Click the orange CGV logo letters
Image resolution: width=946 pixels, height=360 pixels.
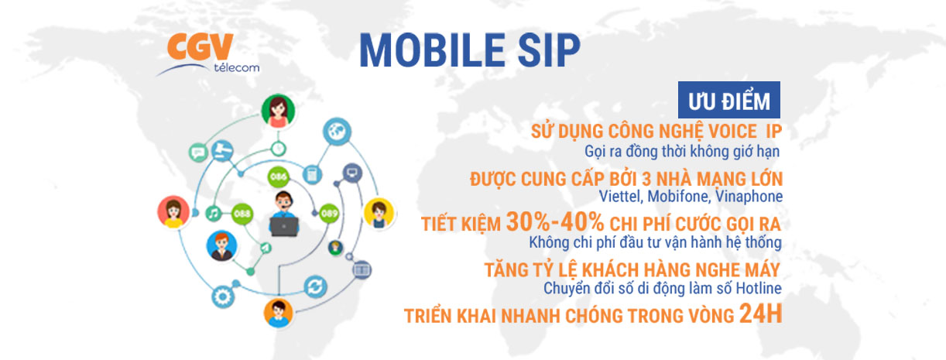[200, 46]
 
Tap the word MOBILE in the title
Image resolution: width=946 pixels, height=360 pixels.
[432, 50]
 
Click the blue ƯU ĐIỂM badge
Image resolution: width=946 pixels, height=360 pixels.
[729, 100]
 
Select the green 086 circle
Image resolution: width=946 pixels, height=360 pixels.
[279, 177]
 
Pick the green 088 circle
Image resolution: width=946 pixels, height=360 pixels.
[242, 214]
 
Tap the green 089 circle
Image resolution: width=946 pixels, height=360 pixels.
[329, 214]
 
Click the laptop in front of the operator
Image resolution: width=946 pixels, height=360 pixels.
[284, 227]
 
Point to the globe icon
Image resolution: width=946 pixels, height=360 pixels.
[337, 131]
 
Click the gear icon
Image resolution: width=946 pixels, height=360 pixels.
[222, 297]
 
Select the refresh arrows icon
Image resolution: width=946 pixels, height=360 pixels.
[315, 286]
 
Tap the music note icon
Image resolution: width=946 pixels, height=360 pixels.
[214, 214]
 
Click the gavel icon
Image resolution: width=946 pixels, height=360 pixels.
[222, 151]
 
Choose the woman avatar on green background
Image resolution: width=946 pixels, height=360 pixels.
[278, 111]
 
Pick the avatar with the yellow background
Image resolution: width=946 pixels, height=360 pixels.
[379, 213]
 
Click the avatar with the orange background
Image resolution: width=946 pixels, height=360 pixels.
[278, 313]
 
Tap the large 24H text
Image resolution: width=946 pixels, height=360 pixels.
[761, 314]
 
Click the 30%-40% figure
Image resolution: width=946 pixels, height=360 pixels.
[555, 221]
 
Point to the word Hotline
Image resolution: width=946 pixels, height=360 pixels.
[759, 288]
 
